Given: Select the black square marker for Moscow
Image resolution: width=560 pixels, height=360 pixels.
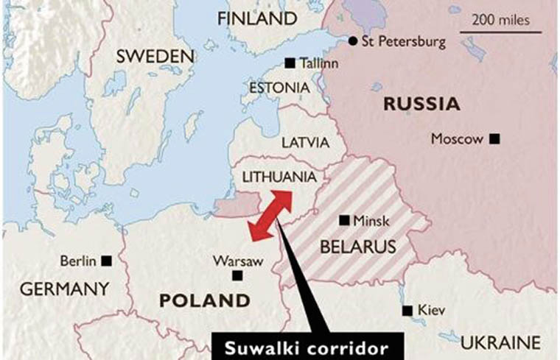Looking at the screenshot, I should [494, 138].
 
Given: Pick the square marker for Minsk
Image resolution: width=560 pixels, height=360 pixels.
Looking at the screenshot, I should [343, 220].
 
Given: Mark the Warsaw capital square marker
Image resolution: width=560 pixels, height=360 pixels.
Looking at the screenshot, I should [237, 275].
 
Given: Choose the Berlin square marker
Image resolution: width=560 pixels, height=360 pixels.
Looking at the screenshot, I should [107, 260].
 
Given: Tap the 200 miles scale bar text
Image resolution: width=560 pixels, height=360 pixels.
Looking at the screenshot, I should [498, 19].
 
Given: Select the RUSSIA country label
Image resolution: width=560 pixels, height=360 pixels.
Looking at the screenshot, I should [421, 104].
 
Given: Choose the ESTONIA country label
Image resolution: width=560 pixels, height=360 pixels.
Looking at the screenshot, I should [279, 88].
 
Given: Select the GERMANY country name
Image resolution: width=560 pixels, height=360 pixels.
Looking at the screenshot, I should [64, 289].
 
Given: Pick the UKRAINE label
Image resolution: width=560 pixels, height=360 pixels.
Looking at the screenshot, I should [501, 342].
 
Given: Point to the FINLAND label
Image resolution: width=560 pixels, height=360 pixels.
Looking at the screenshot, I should [253, 18].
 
